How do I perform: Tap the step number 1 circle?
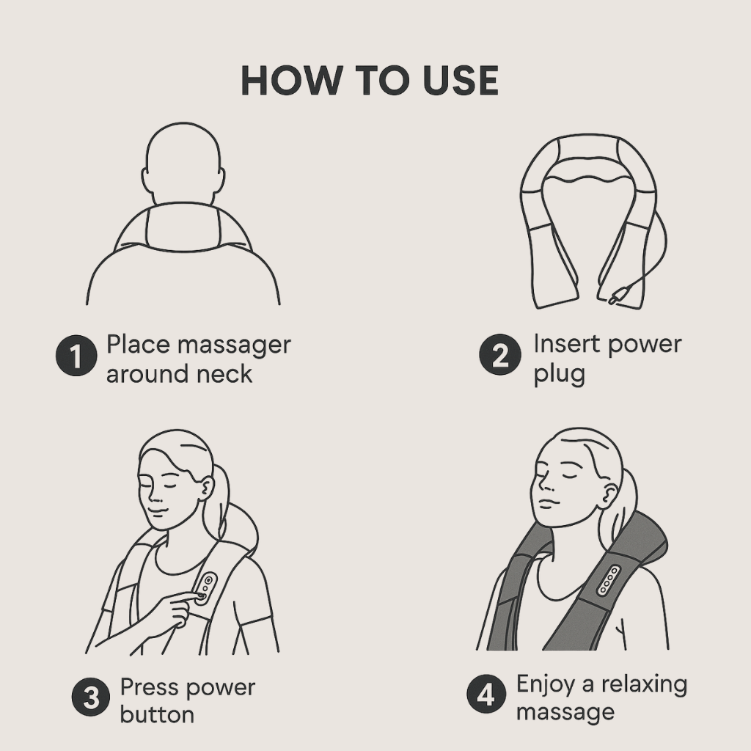pyautogui.click(x=76, y=356)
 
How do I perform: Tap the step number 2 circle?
pyautogui.click(x=500, y=354)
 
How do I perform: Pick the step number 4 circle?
pyautogui.click(x=486, y=694)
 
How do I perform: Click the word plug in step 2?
pyautogui.click(x=560, y=374)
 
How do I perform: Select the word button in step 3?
pyautogui.click(x=157, y=715)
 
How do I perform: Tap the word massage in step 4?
pyautogui.click(x=565, y=713)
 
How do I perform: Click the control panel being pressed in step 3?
pyautogui.click(x=205, y=587)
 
